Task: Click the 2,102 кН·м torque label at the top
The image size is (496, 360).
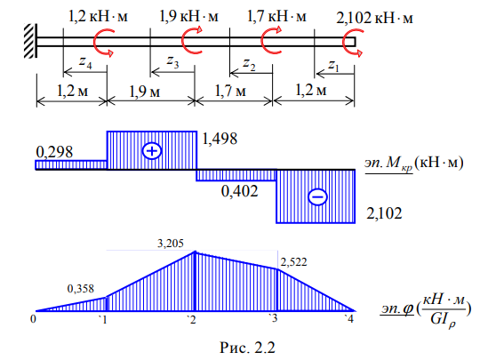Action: point(374,18)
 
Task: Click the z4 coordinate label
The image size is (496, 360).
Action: point(85,61)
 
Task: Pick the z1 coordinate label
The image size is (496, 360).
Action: point(333,66)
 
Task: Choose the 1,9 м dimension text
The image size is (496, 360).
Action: point(144,92)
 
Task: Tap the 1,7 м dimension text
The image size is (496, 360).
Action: point(230,91)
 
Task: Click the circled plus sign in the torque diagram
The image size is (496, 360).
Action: point(152,151)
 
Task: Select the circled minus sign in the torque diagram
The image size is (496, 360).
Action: point(317,196)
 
